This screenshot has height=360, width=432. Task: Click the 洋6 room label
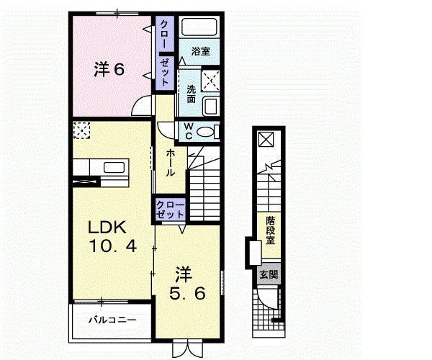click(109, 69)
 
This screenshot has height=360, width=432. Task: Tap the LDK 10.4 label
click(112, 237)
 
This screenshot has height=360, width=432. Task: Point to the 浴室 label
click(200, 51)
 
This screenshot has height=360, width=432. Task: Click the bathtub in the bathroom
click(199, 27)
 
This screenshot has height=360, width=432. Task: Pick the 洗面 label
click(192, 94)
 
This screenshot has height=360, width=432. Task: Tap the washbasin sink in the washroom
click(211, 107)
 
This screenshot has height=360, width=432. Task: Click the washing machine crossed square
click(210, 81)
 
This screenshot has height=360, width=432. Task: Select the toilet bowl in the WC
click(205, 132)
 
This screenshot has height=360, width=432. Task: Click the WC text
click(189, 131)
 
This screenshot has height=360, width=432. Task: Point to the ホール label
click(171, 163)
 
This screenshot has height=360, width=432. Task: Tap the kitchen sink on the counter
click(114, 167)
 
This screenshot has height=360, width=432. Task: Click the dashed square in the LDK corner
click(81, 130)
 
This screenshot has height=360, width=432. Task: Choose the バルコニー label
click(112, 320)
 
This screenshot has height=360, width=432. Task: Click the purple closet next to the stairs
click(170, 210)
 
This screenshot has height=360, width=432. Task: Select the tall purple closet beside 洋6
click(165, 53)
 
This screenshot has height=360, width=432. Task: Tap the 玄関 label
click(269, 274)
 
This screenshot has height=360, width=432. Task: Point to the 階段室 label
click(270, 230)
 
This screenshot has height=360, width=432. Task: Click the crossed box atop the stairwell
click(266, 140)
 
